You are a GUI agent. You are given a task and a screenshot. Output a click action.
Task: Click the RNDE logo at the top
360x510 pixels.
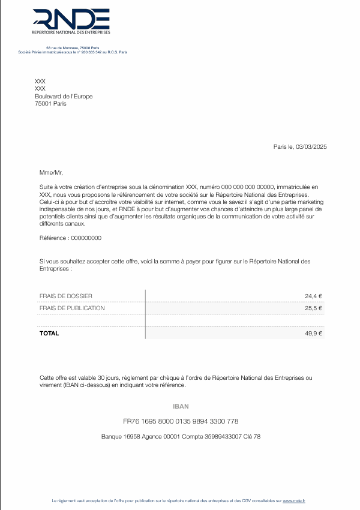pyautogui.click(x=71, y=22)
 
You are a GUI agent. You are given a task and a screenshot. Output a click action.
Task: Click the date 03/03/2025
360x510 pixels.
pyautogui.click(x=311, y=147)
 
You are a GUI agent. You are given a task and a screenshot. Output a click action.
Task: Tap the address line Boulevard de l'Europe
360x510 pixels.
pyautogui.click(x=64, y=96)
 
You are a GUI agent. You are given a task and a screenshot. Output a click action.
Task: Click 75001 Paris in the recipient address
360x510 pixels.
pyautogui.click(x=50, y=104)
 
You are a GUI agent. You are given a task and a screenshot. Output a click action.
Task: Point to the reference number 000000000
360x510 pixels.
pyautogui.click(x=86, y=238)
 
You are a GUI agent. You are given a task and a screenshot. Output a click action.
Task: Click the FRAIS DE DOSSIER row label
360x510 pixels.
pyautogui.click(x=66, y=296)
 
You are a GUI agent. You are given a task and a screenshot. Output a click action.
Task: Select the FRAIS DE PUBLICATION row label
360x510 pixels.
pyautogui.click(x=72, y=308)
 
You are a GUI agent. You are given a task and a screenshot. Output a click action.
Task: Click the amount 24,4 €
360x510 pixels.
pyautogui.click(x=313, y=296)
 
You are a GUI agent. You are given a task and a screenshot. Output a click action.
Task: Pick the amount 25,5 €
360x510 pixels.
pyautogui.click(x=313, y=308)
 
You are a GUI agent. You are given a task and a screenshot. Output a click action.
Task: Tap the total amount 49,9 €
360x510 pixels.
pyautogui.click(x=313, y=334)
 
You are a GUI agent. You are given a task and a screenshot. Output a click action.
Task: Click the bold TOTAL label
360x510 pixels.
pyautogui.click(x=49, y=334)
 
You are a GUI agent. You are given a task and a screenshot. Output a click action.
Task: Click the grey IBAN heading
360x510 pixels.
pyautogui.click(x=181, y=406)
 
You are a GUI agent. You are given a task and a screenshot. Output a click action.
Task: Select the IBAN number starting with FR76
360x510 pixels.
pyautogui.click(x=181, y=421)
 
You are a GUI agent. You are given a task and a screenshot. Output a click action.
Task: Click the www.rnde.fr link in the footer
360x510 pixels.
pyautogui.click(x=294, y=500)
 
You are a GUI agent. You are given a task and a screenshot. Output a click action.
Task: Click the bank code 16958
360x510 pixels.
pyautogui.click(x=133, y=437)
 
